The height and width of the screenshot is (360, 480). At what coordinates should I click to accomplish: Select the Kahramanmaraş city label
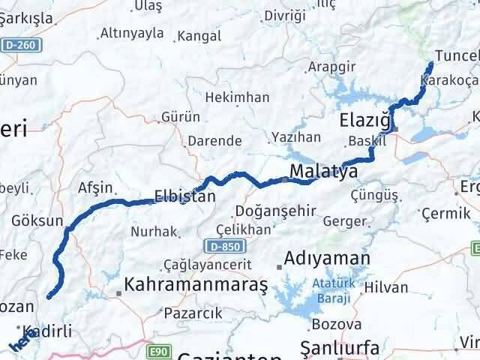[196, 285]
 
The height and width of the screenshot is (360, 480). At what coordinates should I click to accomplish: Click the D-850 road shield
[218, 245]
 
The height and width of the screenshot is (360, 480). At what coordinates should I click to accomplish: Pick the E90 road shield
[156, 351]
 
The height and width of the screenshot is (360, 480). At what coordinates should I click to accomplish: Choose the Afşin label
[95, 187]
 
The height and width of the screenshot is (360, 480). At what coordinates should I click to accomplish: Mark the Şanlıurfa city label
[339, 346]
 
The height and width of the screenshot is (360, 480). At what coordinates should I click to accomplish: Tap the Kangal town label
[199, 35]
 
